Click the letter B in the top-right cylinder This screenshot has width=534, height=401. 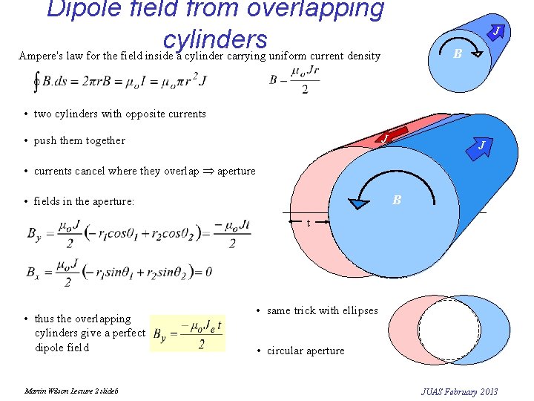458,53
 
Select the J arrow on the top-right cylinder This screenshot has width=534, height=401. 498,31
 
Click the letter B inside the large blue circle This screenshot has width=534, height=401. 397,200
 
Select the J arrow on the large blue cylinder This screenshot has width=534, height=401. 481,145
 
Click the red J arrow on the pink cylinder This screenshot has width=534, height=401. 384,138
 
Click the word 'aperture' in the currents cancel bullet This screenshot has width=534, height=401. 236,171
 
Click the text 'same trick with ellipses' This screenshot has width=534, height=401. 322,310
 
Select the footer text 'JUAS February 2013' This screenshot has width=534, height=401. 459,391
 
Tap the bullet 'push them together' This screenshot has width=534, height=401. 79,140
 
